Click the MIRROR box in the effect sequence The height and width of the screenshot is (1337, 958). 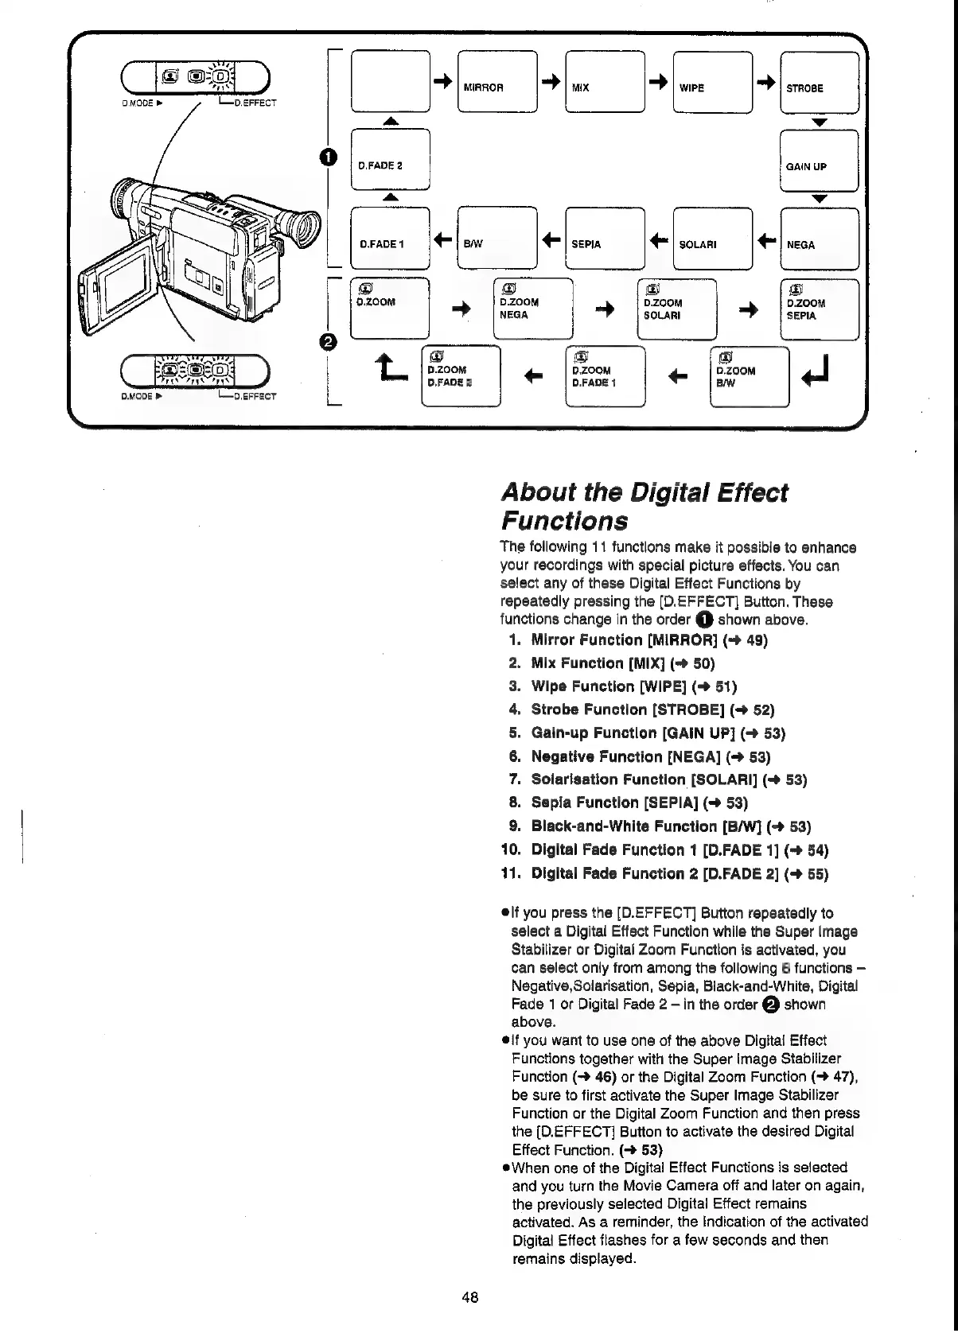coord(498,82)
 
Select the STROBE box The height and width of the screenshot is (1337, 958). coord(820,82)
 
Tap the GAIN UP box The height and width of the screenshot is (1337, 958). coord(820,161)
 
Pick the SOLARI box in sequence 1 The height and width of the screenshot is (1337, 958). coord(712,238)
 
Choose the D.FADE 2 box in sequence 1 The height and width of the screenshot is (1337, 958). coord(390,161)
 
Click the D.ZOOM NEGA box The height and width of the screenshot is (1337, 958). coord(533,309)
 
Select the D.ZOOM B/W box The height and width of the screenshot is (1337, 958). coord(749,375)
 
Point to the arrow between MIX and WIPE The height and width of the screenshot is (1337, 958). coord(658,82)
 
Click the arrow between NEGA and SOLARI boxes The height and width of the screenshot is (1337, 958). coord(766,239)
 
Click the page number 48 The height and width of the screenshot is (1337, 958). coord(469,1297)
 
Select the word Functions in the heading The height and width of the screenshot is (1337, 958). coord(563,522)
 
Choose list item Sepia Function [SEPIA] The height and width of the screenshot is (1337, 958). coord(639,803)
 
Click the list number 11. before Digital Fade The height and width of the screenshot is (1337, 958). coord(511,873)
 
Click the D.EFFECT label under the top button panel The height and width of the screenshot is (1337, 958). coord(254,103)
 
